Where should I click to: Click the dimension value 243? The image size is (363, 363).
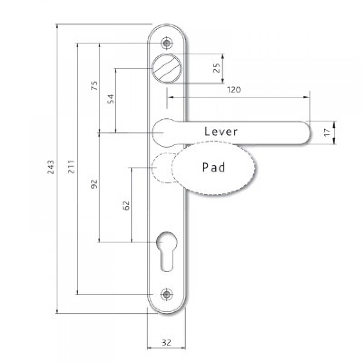point(50,168)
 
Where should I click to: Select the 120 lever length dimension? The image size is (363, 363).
point(234,90)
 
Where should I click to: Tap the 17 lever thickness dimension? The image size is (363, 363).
point(327,133)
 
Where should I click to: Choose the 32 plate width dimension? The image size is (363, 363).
point(167,343)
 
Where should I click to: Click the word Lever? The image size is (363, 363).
point(221,132)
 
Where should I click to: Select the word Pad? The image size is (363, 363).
point(214,167)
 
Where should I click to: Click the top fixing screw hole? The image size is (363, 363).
point(167,43)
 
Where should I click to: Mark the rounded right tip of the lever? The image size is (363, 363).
point(305,132)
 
